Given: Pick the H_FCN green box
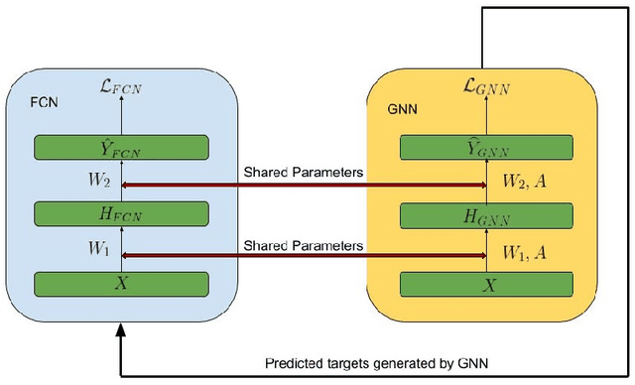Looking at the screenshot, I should [121, 214].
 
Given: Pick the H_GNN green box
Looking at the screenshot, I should [485, 214].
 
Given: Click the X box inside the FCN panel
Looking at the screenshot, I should [121, 282].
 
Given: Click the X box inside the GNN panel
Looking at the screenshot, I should [485, 282].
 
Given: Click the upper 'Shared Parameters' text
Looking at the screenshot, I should [304, 173].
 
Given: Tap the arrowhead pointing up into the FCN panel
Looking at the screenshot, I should [121, 335].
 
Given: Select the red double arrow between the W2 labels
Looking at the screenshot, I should [304, 186].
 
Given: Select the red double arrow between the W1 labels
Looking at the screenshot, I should [304, 256].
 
